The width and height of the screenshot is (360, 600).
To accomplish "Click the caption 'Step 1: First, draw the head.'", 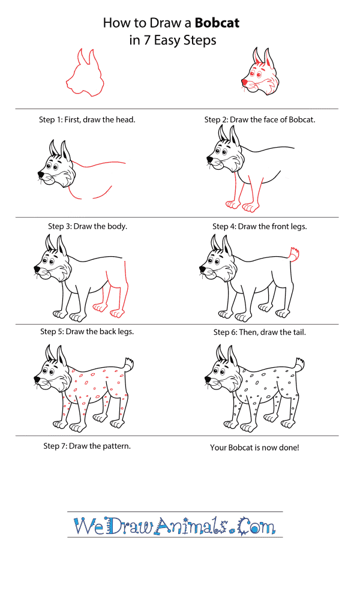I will tap(87, 119).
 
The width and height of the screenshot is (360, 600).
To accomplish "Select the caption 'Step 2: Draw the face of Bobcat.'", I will tap(260, 119).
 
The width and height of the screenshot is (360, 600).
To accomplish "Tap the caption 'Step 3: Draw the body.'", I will tap(88, 226).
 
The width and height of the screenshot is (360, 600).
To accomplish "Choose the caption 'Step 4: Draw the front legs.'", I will tap(259, 226).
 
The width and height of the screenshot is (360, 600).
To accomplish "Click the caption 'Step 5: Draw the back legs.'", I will tap(87, 331).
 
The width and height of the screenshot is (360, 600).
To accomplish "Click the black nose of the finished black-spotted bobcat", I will tap(208, 379).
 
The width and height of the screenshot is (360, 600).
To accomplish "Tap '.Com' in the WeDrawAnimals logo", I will tap(256, 527).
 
